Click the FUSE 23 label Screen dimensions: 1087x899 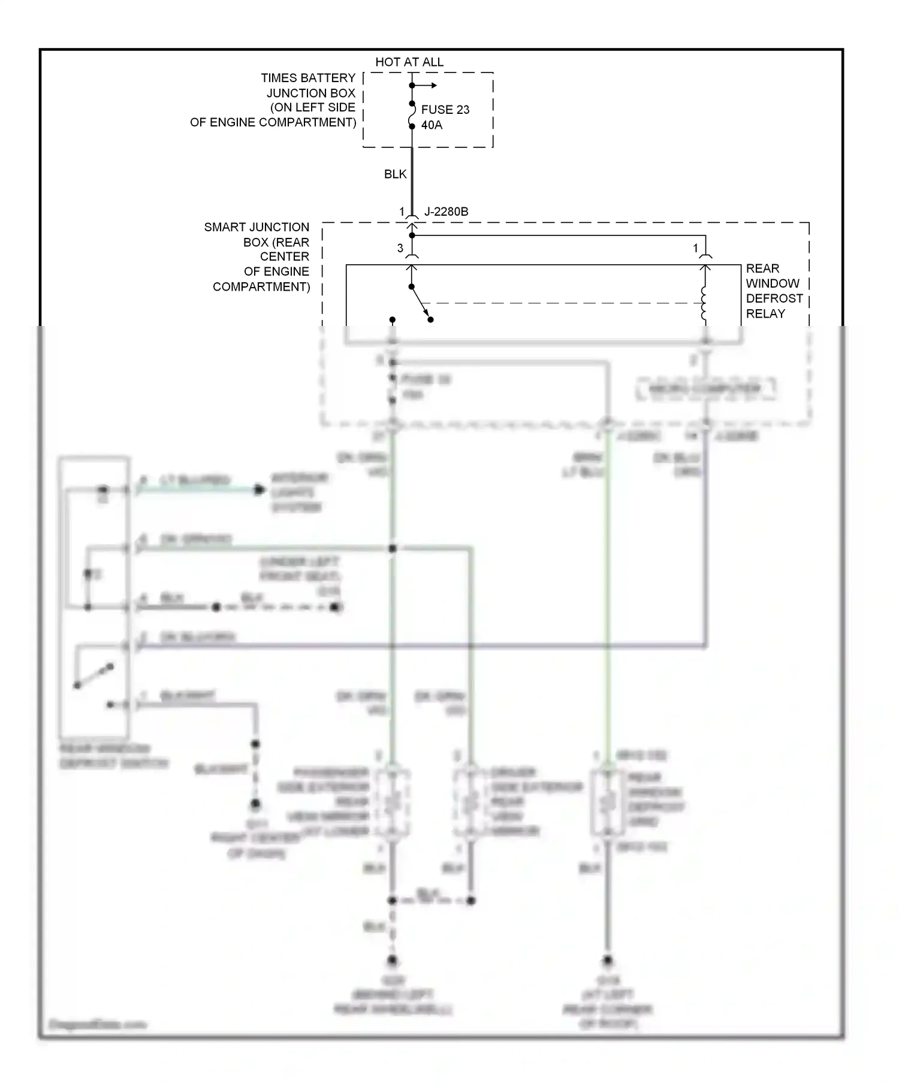tap(445, 110)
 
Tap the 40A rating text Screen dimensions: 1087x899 tap(432, 125)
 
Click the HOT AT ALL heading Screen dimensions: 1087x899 tap(409, 62)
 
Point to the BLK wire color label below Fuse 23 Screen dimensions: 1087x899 tap(395, 174)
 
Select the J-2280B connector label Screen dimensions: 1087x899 tap(446, 212)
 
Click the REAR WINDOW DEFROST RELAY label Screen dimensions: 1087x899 tap(773, 291)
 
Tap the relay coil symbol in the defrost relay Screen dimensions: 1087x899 tap(704, 304)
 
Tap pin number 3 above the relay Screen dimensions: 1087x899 tap(400, 248)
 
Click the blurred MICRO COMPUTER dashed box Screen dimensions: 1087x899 tap(705, 389)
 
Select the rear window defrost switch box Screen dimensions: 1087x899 tap(94, 596)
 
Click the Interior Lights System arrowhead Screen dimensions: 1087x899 tap(259, 490)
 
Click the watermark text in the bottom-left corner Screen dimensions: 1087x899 tap(97, 1024)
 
